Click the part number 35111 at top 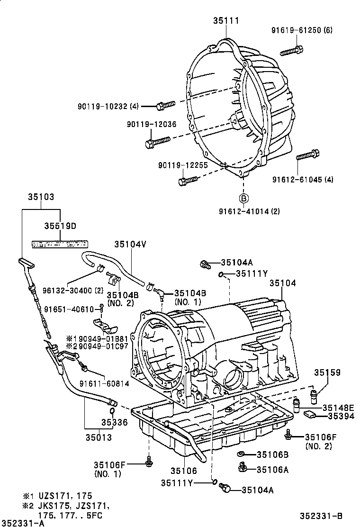(225, 21)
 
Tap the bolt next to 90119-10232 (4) (165, 105)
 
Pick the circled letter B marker (243, 198)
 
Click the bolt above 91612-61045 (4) (307, 156)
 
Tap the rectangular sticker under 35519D (60, 244)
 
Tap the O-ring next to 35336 (111, 410)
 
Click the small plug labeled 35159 (314, 394)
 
